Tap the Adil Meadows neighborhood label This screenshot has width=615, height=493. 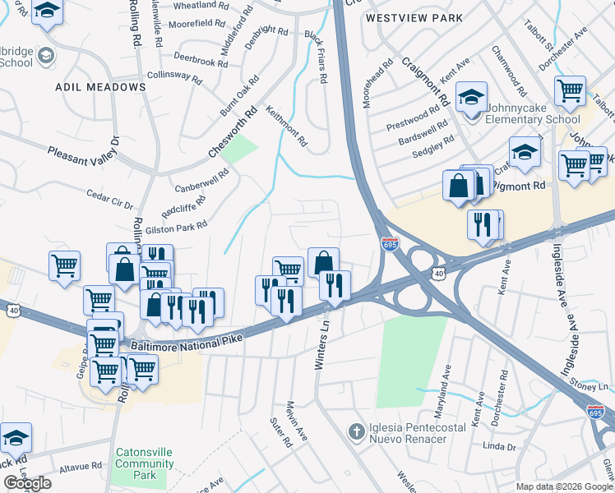point(100,86)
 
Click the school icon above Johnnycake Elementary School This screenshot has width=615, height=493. point(472,98)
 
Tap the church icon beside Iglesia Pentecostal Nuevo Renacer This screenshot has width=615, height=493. point(355,431)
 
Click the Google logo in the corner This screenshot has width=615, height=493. point(27,483)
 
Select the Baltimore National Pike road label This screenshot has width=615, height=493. point(194,338)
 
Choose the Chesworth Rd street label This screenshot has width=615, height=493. point(233,132)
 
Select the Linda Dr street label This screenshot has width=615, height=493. point(499,447)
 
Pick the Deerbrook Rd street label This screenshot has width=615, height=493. point(200,62)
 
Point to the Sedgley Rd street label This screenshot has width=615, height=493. point(432,144)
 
